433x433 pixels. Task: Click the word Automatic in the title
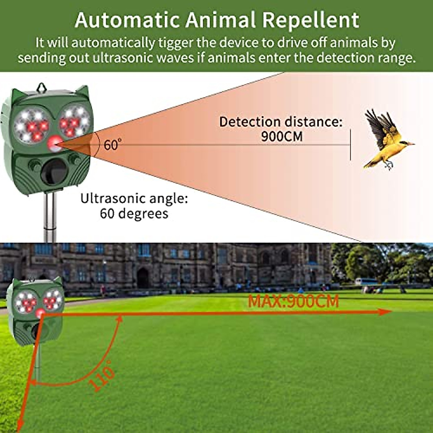[x=127, y=20]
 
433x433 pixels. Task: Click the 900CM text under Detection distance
[x=282, y=137]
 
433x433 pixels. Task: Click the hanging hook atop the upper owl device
[x=41, y=87]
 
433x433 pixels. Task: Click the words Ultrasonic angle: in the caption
[x=134, y=199]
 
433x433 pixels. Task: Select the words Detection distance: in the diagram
[x=280, y=122]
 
